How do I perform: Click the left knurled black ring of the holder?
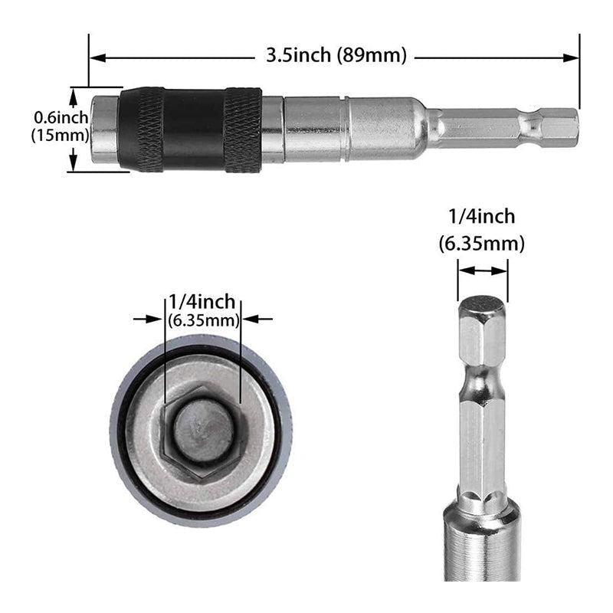143,129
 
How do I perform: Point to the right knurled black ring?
242,129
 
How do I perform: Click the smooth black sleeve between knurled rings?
193,129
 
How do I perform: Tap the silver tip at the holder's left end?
104,129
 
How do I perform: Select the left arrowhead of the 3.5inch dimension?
95,56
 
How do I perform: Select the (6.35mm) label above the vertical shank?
482,244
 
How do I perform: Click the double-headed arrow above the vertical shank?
482,270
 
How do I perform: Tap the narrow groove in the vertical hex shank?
482,379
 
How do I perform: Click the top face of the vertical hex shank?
482,305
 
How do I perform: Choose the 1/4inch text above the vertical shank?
482,217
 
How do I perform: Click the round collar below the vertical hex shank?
482,536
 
